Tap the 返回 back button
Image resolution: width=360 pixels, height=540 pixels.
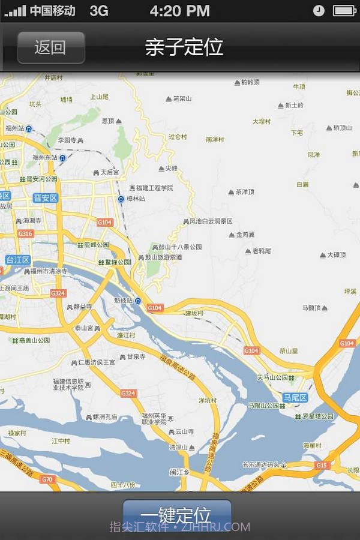pyautogui.click(x=50, y=47)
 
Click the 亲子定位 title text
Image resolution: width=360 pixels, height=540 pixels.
pyautogui.click(x=184, y=47)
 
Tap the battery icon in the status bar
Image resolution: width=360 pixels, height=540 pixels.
pyautogui.click(x=345, y=11)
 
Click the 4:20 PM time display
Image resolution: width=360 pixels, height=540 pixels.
pyautogui.click(x=180, y=11)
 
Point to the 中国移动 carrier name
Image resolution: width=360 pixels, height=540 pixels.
pyautogui.click(x=53, y=11)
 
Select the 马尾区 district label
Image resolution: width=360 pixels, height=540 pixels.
pyautogui.click(x=295, y=398)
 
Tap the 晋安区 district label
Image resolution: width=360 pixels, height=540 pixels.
pyautogui.click(x=45, y=198)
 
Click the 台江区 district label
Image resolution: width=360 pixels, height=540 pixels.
pyautogui.click(x=18, y=260)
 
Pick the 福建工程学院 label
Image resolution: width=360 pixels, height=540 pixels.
pyautogui.click(x=154, y=188)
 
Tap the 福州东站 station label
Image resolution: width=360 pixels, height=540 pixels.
pyautogui.click(x=45, y=158)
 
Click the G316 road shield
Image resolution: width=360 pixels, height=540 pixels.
pyautogui.click(x=25, y=233)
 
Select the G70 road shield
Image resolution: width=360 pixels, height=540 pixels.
pyautogui.click(x=47, y=479)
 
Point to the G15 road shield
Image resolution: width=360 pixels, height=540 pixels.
pyautogui.click(x=322, y=465)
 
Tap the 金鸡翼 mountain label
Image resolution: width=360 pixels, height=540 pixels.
pyautogui.click(x=245, y=235)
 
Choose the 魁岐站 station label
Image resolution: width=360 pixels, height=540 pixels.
pyautogui.click(x=124, y=300)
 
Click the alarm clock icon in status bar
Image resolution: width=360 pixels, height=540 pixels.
pyautogui.click(x=319, y=11)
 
